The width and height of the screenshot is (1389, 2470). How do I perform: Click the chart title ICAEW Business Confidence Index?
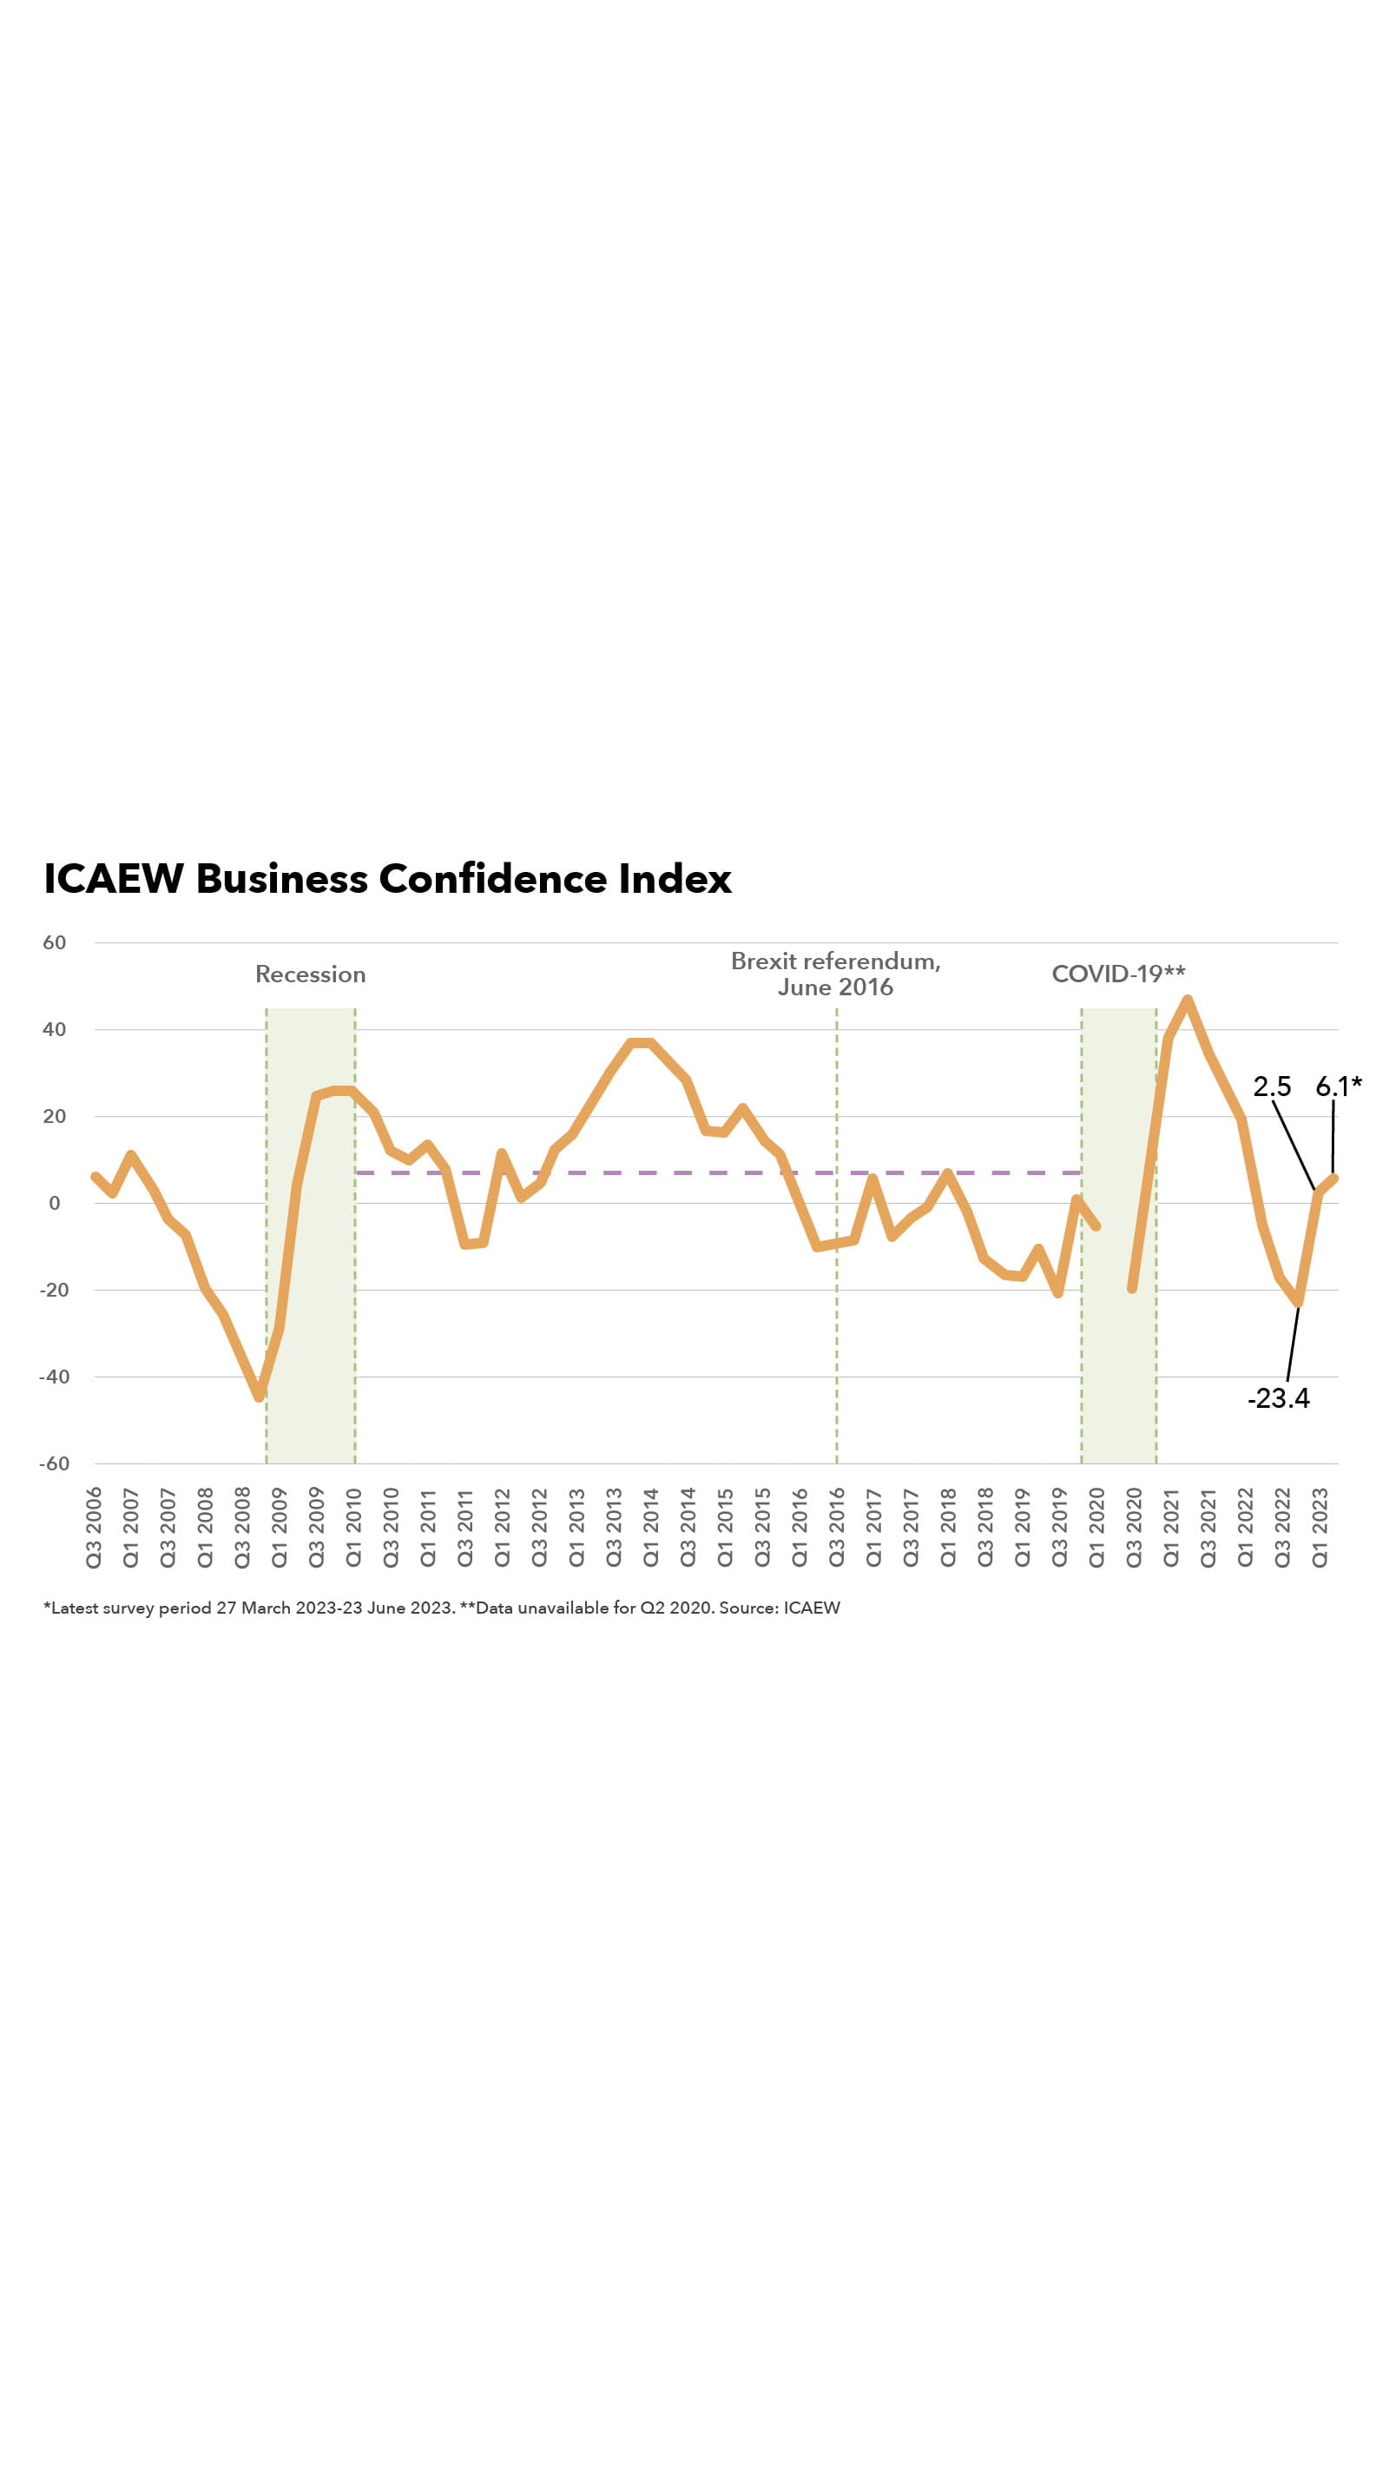387,878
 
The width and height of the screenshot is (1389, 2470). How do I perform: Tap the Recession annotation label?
310,974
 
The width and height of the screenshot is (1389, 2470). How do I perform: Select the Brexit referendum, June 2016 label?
835,974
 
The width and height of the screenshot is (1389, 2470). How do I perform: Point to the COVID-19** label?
1118,974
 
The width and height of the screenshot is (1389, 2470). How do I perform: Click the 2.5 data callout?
1271,1086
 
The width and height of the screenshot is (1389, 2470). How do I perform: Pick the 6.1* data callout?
1337,1086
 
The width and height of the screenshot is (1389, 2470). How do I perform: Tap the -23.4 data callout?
1278,1398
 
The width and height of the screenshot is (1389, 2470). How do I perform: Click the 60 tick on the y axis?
55,942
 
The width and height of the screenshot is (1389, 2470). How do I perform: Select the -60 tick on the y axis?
55,1463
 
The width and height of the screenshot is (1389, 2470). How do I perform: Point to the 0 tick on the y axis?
55,1204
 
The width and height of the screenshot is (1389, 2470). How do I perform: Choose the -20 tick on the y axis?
55,1290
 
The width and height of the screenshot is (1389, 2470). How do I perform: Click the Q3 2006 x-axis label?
94,1528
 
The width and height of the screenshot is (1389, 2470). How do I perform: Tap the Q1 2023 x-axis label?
1320,1528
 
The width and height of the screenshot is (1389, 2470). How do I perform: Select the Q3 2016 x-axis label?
837,1528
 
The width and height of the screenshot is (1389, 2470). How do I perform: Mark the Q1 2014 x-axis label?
651,1528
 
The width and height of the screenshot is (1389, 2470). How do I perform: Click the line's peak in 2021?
1188,1001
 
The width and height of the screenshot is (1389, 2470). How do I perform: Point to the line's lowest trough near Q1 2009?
259,1396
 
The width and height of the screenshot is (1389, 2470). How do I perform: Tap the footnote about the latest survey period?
441,1608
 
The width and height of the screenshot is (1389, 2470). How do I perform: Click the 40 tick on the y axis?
55,1030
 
